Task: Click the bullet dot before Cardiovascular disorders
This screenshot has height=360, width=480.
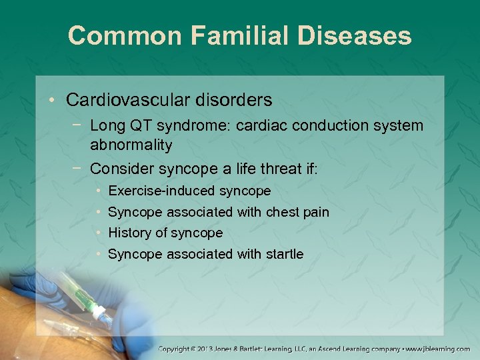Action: click(x=52, y=101)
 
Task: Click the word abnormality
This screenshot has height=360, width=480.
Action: click(x=131, y=145)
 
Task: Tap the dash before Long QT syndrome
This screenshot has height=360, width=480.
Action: click(x=79, y=125)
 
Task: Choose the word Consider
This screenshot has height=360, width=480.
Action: click(x=119, y=169)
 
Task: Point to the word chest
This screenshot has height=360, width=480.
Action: click(x=282, y=212)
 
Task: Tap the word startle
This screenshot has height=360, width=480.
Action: click(x=285, y=253)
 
